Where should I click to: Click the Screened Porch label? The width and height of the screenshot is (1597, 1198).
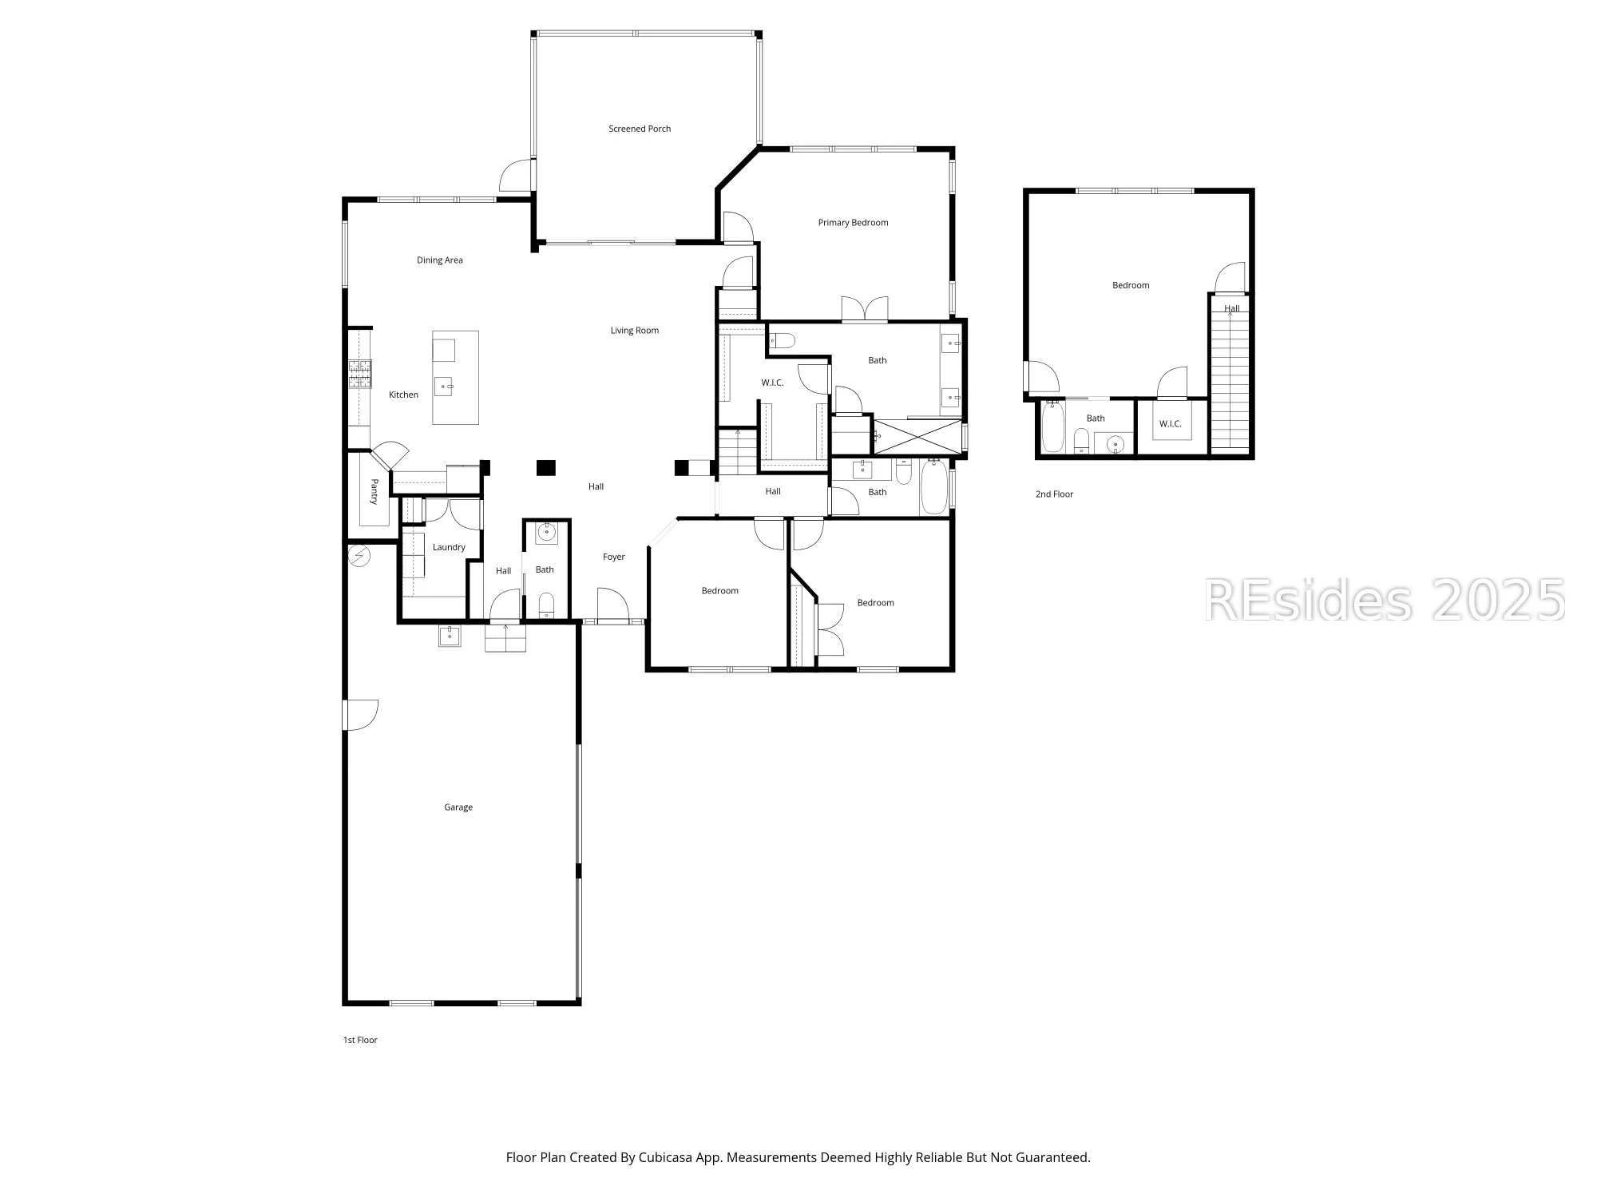pyautogui.click(x=640, y=129)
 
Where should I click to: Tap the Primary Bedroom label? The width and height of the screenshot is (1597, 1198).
pyautogui.click(x=853, y=223)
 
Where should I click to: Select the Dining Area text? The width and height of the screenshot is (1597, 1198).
pyautogui.click(x=439, y=260)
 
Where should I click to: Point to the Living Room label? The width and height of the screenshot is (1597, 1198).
pyautogui.click(x=634, y=331)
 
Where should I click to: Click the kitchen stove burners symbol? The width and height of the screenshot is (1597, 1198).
pyautogui.click(x=359, y=374)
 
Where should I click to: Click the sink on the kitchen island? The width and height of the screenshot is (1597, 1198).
pyautogui.click(x=444, y=387)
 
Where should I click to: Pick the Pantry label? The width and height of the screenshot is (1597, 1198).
pyautogui.click(x=374, y=492)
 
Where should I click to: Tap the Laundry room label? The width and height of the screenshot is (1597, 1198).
pyautogui.click(x=449, y=547)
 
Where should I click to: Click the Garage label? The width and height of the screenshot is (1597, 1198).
pyautogui.click(x=458, y=807)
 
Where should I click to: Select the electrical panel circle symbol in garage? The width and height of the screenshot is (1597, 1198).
pyautogui.click(x=359, y=556)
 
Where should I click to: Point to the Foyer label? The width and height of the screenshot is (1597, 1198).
pyautogui.click(x=613, y=557)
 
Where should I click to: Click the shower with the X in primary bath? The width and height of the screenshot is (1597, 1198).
pyautogui.click(x=917, y=437)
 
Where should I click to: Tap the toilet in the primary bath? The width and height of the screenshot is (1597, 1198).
pyautogui.click(x=781, y=341)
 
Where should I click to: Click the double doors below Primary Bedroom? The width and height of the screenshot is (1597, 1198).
pyautogui.click(x=865, y=310)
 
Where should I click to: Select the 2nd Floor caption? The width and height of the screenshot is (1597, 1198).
pyautogui.click(x=1054, y=494)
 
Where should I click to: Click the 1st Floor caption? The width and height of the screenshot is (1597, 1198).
pyautogui.click(x=360, y=1040)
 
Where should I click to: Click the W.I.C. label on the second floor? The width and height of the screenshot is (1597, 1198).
pyautogui.click(x=1170, y=424)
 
